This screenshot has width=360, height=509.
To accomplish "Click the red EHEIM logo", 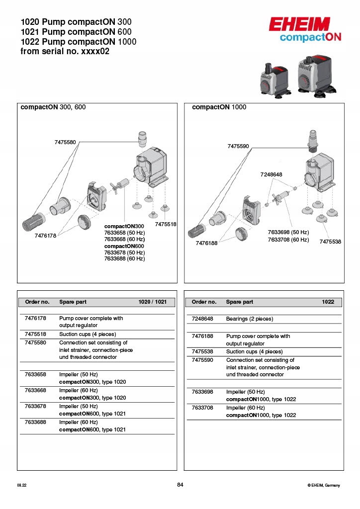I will pos(300,24).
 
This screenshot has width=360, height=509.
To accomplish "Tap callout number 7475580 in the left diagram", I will pos(65,143).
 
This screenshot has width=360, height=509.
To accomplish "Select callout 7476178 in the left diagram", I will pos(46,236).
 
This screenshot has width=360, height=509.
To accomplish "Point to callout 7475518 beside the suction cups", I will pos(166,225).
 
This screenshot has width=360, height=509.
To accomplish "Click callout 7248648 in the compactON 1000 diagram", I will pos(271,174).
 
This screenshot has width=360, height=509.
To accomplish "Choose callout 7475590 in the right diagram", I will pos(238,147).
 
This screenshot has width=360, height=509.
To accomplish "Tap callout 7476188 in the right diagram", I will pos(206,243).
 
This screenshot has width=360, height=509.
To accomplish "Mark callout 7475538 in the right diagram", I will pos(330,242).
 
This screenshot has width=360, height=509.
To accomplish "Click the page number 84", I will pos(180,485).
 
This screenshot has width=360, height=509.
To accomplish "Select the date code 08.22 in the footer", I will pos(21,486).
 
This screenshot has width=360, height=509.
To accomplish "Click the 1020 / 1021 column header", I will pos(156,302).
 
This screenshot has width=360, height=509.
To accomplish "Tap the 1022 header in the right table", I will pos(328,302).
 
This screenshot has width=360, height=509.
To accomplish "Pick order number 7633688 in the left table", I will pos(35,422).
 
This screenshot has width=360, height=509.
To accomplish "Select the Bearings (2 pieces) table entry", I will pos(250,319).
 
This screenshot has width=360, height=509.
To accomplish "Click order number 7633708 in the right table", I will pos(202,408).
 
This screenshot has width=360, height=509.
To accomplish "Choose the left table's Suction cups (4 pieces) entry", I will pos(88,335).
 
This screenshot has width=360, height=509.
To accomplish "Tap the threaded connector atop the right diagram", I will pos(313,140).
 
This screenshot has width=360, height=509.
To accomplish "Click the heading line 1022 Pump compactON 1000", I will pos(79,42).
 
